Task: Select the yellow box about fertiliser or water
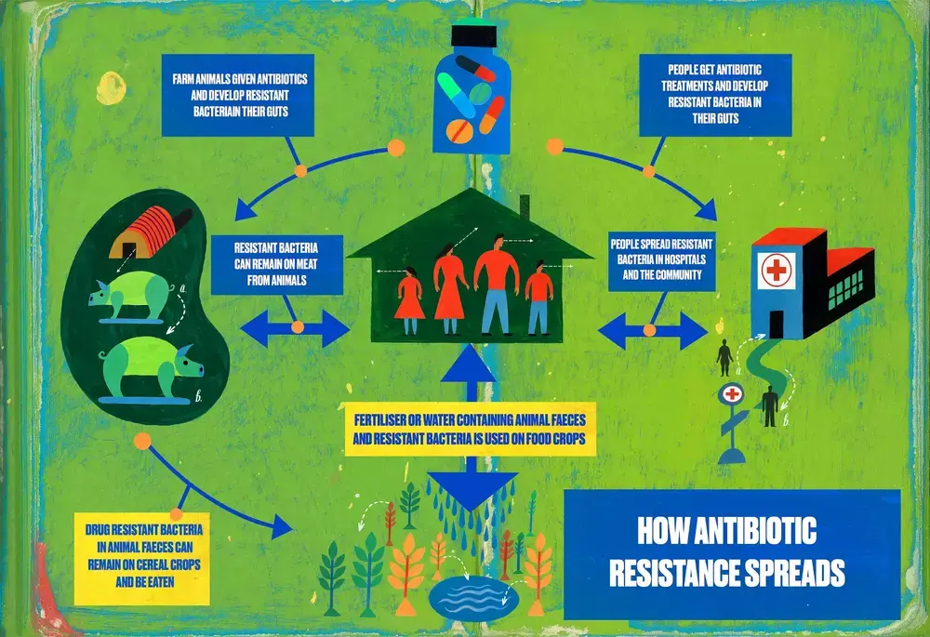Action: [x=470, y=429]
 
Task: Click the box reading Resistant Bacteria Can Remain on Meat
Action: [x=277, y=263]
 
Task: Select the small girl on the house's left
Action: [x=409, y=296]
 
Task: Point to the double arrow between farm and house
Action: [x=295, y=328]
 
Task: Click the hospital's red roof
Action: [x=790, y=236]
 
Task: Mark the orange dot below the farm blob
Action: [x=142, y=440]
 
